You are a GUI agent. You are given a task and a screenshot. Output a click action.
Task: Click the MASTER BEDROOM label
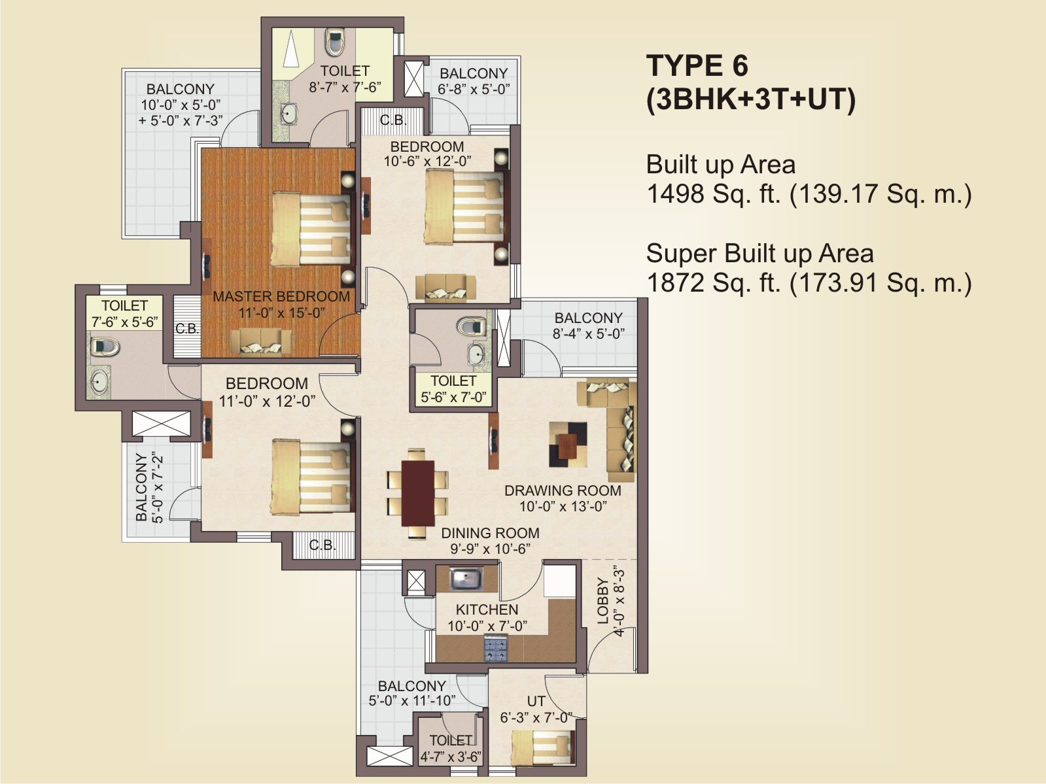click(x=281, y=296)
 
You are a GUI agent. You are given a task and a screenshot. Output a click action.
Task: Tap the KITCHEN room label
click(x=487, y=609)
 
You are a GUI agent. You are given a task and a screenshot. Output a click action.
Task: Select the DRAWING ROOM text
click(x=563, y=490)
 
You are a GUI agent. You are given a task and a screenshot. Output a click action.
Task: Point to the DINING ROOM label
click(x=490, y=533)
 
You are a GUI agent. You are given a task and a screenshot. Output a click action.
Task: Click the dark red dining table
click(x=418, y=493)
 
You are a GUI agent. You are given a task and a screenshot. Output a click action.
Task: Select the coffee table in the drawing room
click(x=568, y=444)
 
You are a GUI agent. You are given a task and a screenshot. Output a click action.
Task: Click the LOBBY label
click(x=603, y=601)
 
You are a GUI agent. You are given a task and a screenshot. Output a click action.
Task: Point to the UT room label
click(x=536, y=701)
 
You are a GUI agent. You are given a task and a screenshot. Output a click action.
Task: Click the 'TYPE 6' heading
click(x=697, y=65)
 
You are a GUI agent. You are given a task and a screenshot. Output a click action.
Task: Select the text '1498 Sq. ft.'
click(x=714, y=194)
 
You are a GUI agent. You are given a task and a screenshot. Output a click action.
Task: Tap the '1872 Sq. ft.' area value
click(x=714, y=282)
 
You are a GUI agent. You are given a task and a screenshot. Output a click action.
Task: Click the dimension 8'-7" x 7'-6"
click(x=345, y=87)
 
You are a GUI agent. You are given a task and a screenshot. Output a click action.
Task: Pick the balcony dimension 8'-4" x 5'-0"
click(x=589, y=333)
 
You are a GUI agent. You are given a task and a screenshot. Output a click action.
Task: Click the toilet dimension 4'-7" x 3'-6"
click(x=451, y=757)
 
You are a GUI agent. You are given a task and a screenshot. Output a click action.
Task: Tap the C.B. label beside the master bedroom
click(x=187, y=329)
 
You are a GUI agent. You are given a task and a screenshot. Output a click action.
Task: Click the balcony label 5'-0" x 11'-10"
click(x=411, y=701)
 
